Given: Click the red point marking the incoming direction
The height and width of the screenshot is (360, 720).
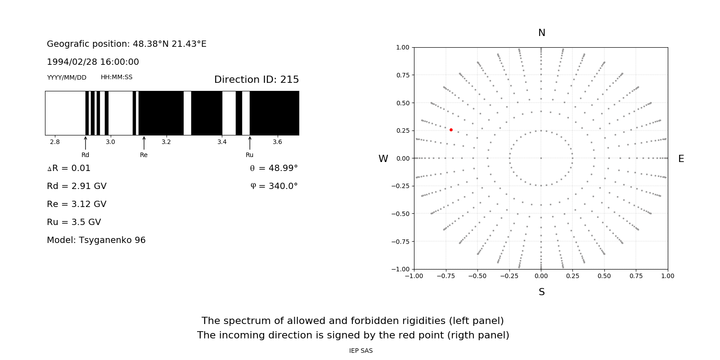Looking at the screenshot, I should [x=451, y=130].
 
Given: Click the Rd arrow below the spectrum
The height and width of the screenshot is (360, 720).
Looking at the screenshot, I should [x=85, y=143].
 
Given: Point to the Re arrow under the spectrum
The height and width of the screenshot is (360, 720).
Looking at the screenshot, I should [x=144, y=143].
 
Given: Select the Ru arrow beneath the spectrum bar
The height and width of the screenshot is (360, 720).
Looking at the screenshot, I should [x=250, y=143].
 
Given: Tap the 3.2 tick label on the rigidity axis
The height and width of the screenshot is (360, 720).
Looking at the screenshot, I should [x=166, y=142].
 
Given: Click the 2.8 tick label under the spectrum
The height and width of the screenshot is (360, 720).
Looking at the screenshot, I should [x=55, y=142].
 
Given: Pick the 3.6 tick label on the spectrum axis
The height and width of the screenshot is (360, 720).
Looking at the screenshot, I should [x=277, y=142].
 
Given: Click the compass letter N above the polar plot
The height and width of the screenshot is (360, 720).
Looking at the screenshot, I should [x=542, y=33].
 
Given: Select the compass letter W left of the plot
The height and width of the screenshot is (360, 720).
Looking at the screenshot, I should [x=383, y=159].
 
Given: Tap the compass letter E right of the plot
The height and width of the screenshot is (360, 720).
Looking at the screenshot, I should [x=681, y=159].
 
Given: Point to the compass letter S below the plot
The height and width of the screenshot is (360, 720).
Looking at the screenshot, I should [x=542, y=292].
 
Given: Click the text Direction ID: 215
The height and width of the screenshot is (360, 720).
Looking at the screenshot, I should [x=256, y=80].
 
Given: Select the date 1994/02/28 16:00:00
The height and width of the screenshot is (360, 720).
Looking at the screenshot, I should [x=93, y=62].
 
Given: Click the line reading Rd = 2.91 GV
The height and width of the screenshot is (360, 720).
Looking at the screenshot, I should [x=76, y=186].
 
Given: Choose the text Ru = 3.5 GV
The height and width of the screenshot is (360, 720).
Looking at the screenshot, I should [x=74, y=222].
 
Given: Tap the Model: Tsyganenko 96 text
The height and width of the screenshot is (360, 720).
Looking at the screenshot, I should [x=96, y=240].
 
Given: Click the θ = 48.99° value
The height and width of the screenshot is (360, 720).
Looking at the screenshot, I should [x=274, y=168].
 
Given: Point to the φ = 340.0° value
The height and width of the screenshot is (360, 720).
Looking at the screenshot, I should [x=274, y=186].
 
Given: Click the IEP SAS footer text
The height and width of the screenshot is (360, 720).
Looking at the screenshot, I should [x=361, y=351].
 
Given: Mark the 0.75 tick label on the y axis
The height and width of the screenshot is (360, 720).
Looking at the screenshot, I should [x=402, y=75].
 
